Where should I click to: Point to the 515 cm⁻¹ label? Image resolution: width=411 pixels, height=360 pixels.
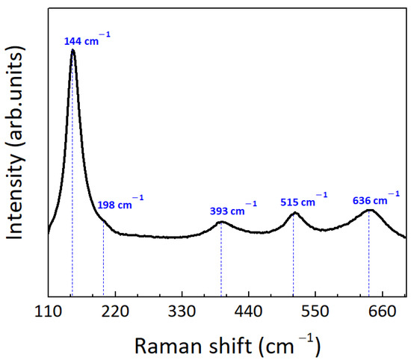[x=303, y=202]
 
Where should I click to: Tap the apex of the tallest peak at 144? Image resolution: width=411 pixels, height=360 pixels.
[x=72, y=50]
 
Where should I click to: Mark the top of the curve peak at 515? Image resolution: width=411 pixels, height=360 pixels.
[x=294, y=213]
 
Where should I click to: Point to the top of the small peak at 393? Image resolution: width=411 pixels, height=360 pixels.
[x=221, y=223]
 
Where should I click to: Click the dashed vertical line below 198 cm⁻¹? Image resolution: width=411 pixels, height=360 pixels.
[x=103, y=261]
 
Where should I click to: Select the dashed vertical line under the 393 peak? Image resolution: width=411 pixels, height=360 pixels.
[x=221, y=261]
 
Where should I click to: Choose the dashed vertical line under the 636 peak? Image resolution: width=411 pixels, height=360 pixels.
[x=368, y=258]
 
